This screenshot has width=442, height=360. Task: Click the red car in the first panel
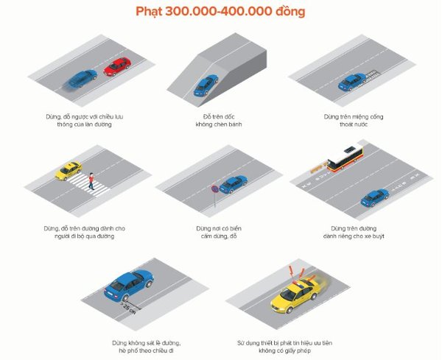tap(117, 68)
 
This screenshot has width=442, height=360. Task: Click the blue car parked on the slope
tap(205, 86)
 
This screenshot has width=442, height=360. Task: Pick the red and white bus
tap(346, 158)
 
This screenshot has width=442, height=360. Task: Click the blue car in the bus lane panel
tap(375, 197)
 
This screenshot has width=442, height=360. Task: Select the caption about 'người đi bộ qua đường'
tap(79, 232)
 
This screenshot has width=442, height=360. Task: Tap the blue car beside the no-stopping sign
tap(233, 184)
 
